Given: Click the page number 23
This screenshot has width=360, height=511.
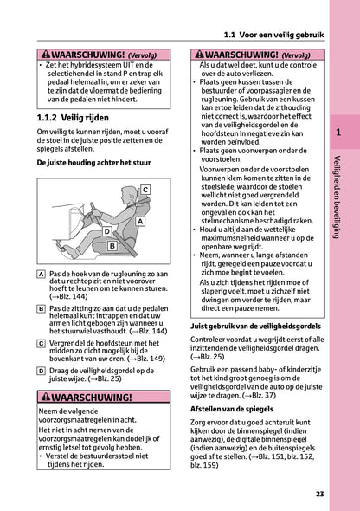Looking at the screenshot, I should (x=319, y=494).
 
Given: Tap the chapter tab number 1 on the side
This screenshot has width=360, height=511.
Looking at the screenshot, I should (x=338, y=133).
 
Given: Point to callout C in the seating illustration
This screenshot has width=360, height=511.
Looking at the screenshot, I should (x=145, y=189).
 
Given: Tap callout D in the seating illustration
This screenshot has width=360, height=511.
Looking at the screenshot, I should (x=106, y=231).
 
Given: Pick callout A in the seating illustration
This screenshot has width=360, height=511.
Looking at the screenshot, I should (x=139, y=222).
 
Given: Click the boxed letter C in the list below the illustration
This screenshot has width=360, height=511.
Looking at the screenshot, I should (x=42, y=343).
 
